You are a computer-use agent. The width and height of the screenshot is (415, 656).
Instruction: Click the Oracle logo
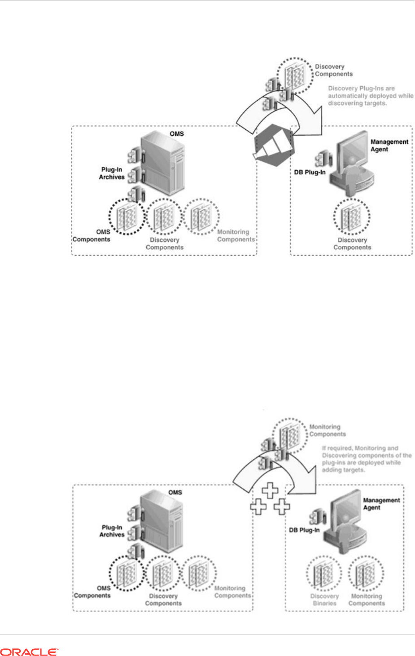tap(29, 652)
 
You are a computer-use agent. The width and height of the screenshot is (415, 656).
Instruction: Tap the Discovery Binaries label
tap(324, 599)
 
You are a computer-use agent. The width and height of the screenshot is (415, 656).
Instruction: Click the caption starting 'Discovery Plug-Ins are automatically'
tap(370, 96)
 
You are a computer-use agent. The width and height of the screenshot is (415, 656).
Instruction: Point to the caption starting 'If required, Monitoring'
tap(366, 459)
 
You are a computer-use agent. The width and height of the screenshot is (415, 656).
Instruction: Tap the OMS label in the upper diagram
tap(176, 134)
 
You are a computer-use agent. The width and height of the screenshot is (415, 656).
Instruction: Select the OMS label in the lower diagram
tap(175, 492)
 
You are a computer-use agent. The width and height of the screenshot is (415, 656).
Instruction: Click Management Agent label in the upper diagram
tap(389, 145)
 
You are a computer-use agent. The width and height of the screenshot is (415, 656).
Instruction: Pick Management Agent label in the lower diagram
tap(381, 504)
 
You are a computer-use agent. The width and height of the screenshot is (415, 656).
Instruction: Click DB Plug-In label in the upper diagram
tap(310, 172)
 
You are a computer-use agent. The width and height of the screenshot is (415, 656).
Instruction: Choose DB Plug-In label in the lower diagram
tap(304, 530)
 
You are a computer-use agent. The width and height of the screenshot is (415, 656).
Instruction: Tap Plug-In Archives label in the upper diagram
tap(112, 173)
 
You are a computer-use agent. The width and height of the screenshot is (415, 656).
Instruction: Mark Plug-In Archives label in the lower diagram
tap(112, 531)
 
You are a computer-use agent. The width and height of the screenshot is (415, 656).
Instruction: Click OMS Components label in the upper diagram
tap(92, 235)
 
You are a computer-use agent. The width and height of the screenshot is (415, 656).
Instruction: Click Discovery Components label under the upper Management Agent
tap(352, 244)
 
